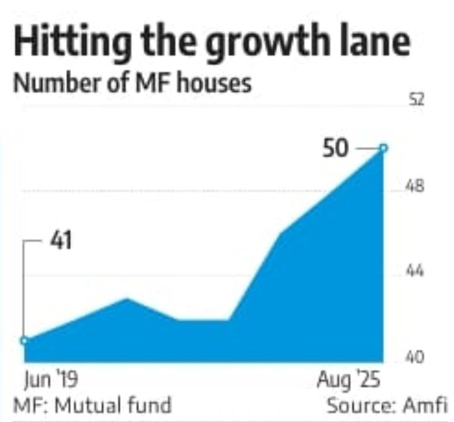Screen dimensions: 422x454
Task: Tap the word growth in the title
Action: point(250,45)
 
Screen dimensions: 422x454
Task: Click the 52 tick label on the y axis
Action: point(418,101)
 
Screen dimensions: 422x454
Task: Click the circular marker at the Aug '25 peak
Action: point(383,148)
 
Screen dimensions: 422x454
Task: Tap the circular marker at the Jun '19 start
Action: point(24,340)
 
